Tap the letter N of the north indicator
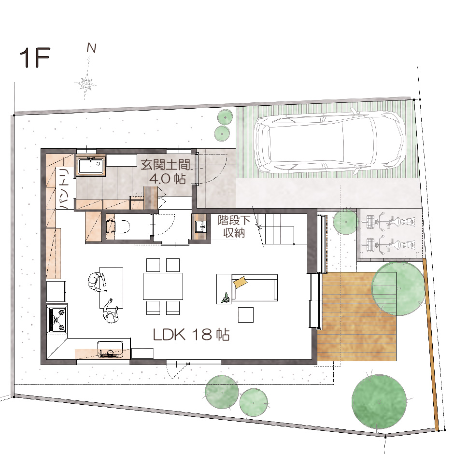pyautogui.click(x=92, y=48)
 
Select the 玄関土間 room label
pyautogui.click(x=166, y=165)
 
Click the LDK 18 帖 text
pyautogui.click(x=191, y=335)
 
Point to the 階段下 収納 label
pyautogui.click(x=234, y=227)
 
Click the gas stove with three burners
pyautogui.click(x=57, y=319)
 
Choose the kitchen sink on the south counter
pyautogui.click(x=110, y=349)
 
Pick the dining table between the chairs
pyautogui.click(x=163, y=286)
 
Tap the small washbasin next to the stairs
pyautogui.click(x=200, y=227)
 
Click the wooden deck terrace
pyautogui.click(x=357, y=316)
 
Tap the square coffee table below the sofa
pyautogui.click(x=246, y=315)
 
